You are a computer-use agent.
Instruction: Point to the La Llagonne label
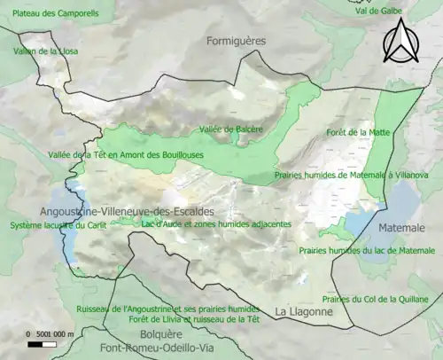click(x=302, y=311)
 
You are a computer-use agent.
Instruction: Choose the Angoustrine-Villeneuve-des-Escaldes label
click(x=126, y=212)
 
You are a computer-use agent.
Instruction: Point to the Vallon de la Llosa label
click(x=45, y=51)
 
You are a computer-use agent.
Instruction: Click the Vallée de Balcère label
click(x=231, y=129)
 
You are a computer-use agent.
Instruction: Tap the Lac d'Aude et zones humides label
click(x=216, y=224)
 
